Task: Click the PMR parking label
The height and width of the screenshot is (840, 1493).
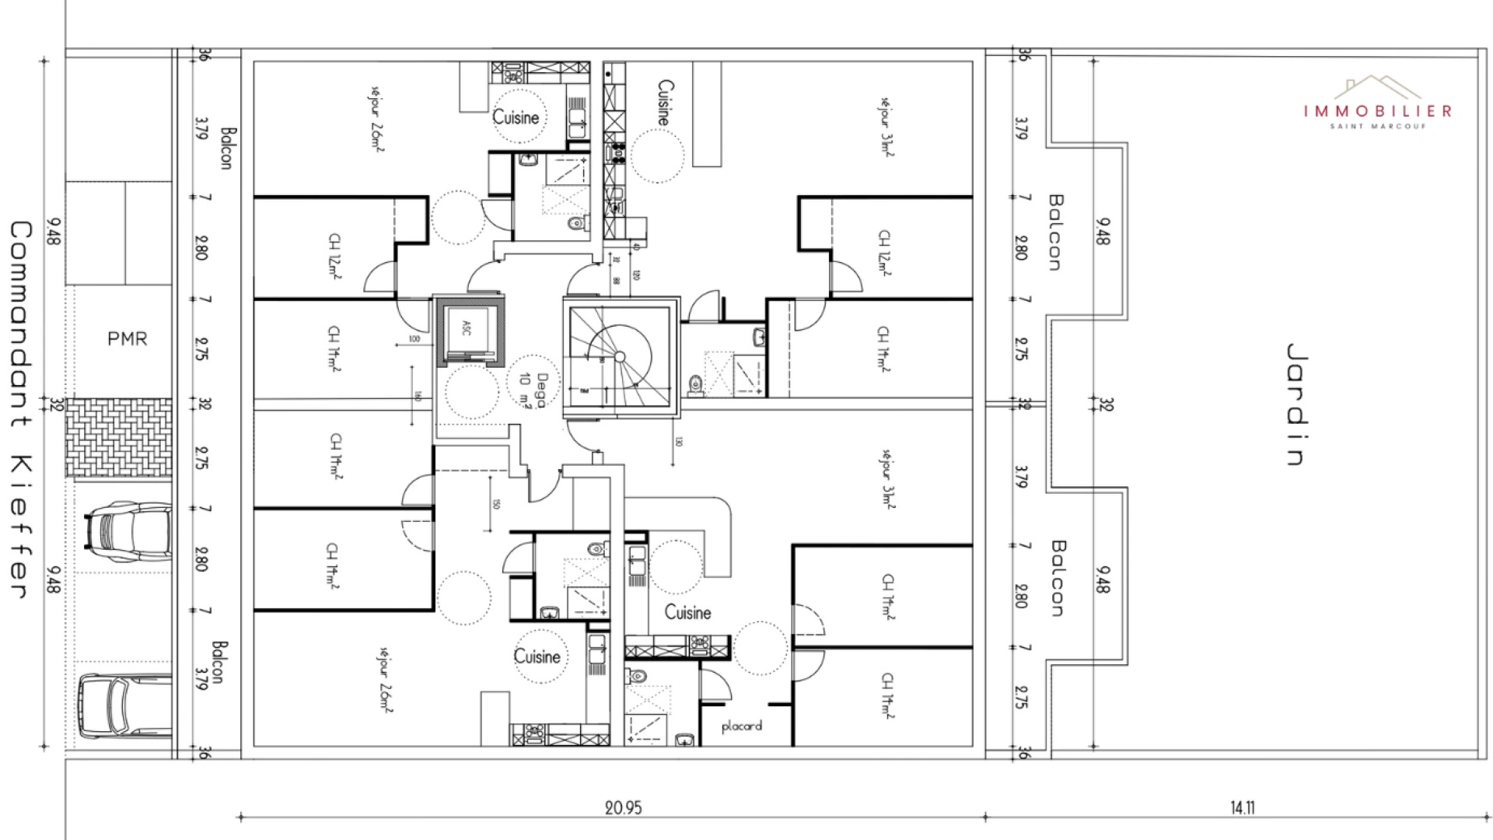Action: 127,339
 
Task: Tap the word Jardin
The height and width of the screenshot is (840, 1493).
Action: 1295,404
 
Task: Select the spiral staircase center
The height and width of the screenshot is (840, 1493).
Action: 620,357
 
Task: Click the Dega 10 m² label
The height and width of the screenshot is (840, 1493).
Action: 533,390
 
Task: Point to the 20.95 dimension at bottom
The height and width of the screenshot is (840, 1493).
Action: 623,807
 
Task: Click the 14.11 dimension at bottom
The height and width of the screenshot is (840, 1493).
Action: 1242,807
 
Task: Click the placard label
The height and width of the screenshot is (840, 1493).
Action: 741,726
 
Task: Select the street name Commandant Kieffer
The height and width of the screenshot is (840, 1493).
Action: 20,409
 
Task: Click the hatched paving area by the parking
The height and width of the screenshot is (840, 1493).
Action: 118,439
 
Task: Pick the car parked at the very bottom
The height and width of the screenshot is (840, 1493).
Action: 124,707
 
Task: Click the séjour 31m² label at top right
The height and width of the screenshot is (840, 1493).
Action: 886,127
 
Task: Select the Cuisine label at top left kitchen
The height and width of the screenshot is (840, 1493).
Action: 516,117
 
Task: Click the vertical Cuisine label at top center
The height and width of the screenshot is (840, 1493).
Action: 666,103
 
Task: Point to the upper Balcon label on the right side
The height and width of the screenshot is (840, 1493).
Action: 1055,232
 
